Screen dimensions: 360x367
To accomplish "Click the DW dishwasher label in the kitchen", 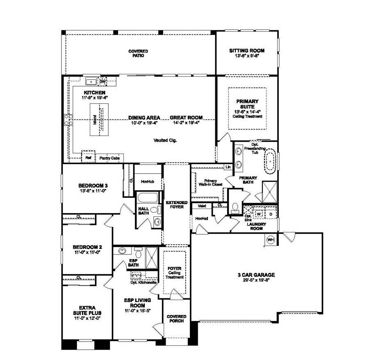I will click(103, 81).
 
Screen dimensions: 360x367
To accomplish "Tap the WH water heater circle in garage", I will click(270, 240).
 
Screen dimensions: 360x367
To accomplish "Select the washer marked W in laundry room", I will click(259, 214).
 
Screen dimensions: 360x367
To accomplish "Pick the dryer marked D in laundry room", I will click(270, 214).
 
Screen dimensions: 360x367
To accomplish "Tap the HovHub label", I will click(147, 181).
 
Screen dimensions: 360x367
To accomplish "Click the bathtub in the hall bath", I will click(147, 199).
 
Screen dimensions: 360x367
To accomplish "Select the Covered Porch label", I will click(176, 319).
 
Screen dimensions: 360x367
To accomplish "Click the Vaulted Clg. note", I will click(165, 140).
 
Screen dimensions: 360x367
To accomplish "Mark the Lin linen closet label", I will click(228, 167).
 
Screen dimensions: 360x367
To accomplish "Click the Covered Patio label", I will click(138, 53).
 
